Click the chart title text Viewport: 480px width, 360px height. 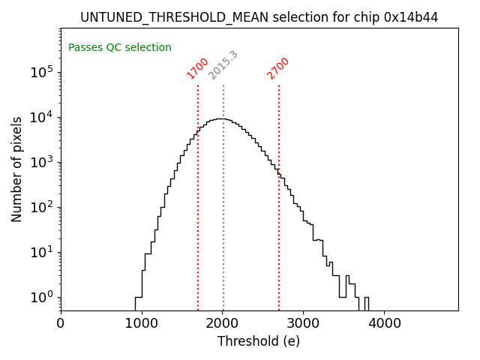point(259,16)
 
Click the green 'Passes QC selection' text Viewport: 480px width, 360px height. point(120,48)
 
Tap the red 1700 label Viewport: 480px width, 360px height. point(197,68)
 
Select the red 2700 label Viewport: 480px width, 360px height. point(278,68)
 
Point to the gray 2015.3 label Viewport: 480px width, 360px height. point(223,65)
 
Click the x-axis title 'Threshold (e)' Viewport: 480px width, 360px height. point(259,341)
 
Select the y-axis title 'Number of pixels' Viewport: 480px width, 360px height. point(17,169)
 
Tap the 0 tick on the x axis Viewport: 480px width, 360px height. point(61,323)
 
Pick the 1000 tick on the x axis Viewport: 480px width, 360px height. point(142,323)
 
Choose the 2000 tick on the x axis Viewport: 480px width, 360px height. point(223,323)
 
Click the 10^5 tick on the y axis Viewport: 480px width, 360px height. point(41,72)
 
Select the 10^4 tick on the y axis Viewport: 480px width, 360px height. point(41,117)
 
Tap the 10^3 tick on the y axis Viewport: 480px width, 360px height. point(41,162)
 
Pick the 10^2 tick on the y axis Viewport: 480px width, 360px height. point(41,207)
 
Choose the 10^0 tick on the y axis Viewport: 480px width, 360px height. point(41,297)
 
